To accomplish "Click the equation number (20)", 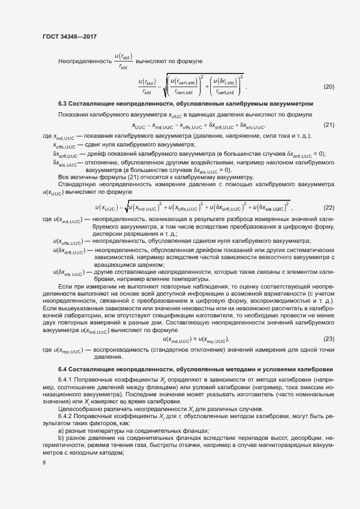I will point(329,87).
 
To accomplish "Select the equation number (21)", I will point(329,126).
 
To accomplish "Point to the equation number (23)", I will point(329,339).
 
